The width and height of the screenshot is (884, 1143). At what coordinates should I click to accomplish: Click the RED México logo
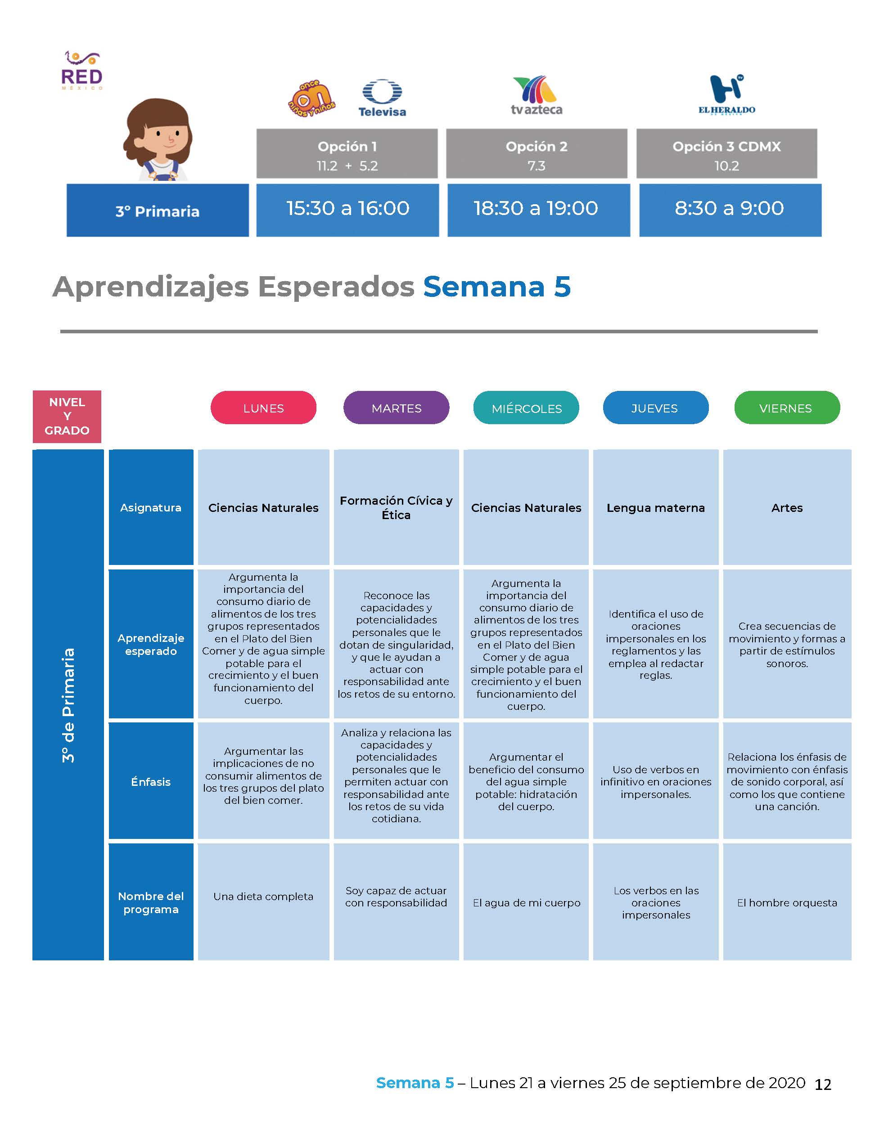pyautogui.click(x=82, y=71)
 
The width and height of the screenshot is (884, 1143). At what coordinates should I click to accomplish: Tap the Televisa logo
pyautogui.click(x=382, y=99)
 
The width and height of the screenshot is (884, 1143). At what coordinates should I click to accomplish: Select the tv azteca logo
pyautogui.click(x=536, y=96)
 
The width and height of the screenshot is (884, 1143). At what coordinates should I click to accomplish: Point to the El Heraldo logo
pyautogui.click(x=727, y=95)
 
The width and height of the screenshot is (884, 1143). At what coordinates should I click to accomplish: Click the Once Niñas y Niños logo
pyautogui.click(x=311, y=99)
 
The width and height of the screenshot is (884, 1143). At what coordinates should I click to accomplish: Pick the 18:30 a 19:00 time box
pyautogui.click(x=538, y=210)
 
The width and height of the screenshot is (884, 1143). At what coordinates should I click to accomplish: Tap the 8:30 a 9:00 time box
pyautogui.click(x=730, y=210)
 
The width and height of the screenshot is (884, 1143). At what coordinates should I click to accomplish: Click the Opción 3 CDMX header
pyautogui.click(x=726, y=154)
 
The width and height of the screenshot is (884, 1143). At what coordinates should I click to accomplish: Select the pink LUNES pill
pyautogui.click(x=263, y=408)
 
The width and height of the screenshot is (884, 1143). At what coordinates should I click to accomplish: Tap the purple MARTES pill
pyautogui.click(x=397, y=408)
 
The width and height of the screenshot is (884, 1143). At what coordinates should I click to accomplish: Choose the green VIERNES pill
pyautogui.click(x=787, y=408)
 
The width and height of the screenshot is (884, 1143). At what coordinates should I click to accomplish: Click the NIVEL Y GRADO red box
pyautogui.click(x=67, y=417)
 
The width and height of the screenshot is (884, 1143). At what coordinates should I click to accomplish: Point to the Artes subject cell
pyautogui.click(x=787, y=507)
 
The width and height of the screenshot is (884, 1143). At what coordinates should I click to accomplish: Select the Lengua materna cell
pyautogui.click(x=656, y=507)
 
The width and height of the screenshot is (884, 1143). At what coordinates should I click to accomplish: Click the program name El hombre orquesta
pyautogui.click(x=787, y=903)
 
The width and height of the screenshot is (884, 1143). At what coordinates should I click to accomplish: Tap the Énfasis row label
pyautogui.click(x=151, y=782)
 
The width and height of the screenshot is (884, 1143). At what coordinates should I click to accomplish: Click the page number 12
pyautogui.click(x=823, y=1085)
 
